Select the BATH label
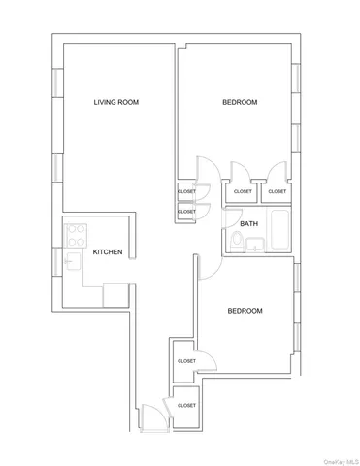249,224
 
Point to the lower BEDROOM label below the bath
245,311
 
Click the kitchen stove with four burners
76,234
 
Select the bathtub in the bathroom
278,233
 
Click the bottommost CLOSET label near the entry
186,405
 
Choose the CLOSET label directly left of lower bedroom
186,360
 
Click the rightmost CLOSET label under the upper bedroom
277,191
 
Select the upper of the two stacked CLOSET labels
186,191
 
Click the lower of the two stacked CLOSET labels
186,211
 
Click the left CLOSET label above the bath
243,191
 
